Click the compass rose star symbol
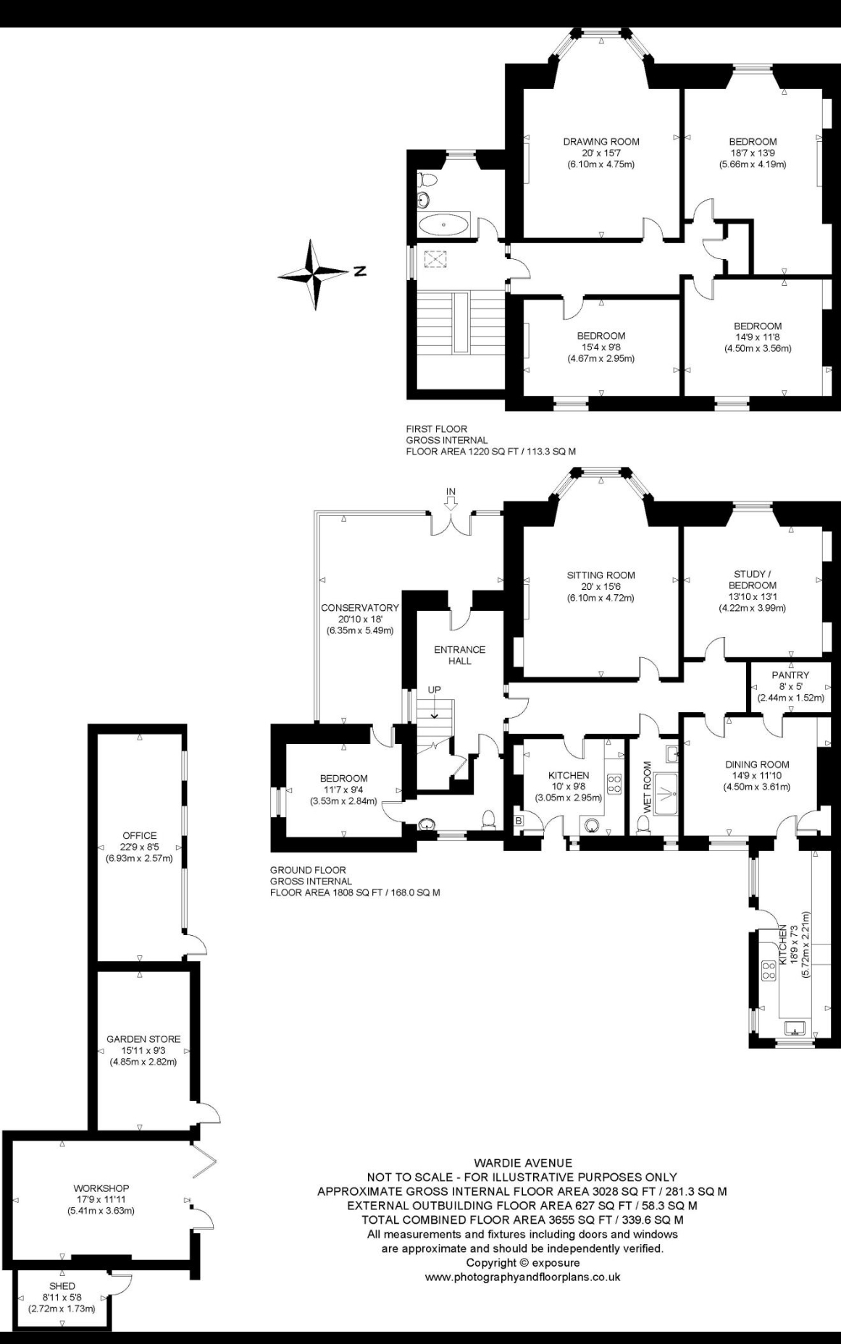pos(314,274)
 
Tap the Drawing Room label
pos(601,142)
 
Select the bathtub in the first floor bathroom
pos(444,225)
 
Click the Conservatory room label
pos(360,608)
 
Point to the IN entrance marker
pos(451,492)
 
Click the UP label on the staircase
pos(434,690)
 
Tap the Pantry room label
pos(790,675)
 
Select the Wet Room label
pos(647,786)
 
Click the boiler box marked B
pos(519,821)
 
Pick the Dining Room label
pos(757,764)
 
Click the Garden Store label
pos(143,1039)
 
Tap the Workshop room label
pos(101,1188)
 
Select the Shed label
pos(62,1286)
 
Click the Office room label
pos(140,836)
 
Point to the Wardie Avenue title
pos(522,1163)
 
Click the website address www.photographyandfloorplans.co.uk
pos(522,1277)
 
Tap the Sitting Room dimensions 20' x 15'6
pos(601,587)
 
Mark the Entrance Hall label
pos(460,655)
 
